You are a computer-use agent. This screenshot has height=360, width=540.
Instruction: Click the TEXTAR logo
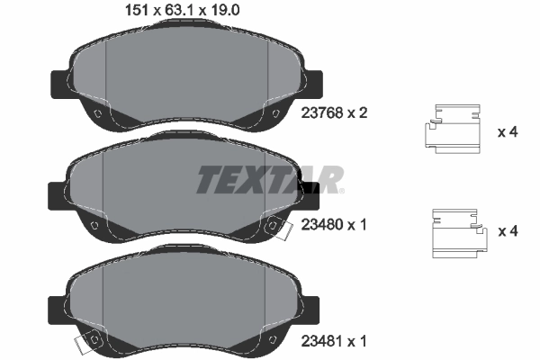pyautogui.click(x=268, y=180)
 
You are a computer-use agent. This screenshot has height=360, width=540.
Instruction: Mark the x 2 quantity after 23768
pyautogui.click(x=359, y=114)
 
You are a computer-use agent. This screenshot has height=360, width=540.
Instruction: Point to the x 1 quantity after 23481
pyautogui.click(x=359, y=342)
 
